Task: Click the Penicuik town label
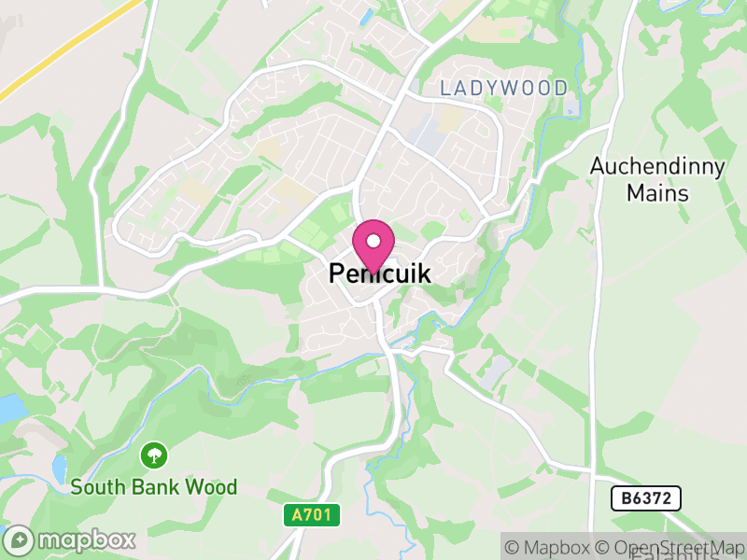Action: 380,274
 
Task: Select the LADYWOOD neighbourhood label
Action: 504,89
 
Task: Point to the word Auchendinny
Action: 657,167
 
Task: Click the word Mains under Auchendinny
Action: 657,194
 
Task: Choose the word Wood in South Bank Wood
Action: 214,487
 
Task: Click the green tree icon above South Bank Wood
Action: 153,456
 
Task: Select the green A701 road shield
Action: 312,514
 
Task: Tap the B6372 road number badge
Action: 646,498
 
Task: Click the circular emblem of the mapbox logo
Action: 20,540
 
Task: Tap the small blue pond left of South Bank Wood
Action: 60,466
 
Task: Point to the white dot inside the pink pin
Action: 373,241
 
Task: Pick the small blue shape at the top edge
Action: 365,16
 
